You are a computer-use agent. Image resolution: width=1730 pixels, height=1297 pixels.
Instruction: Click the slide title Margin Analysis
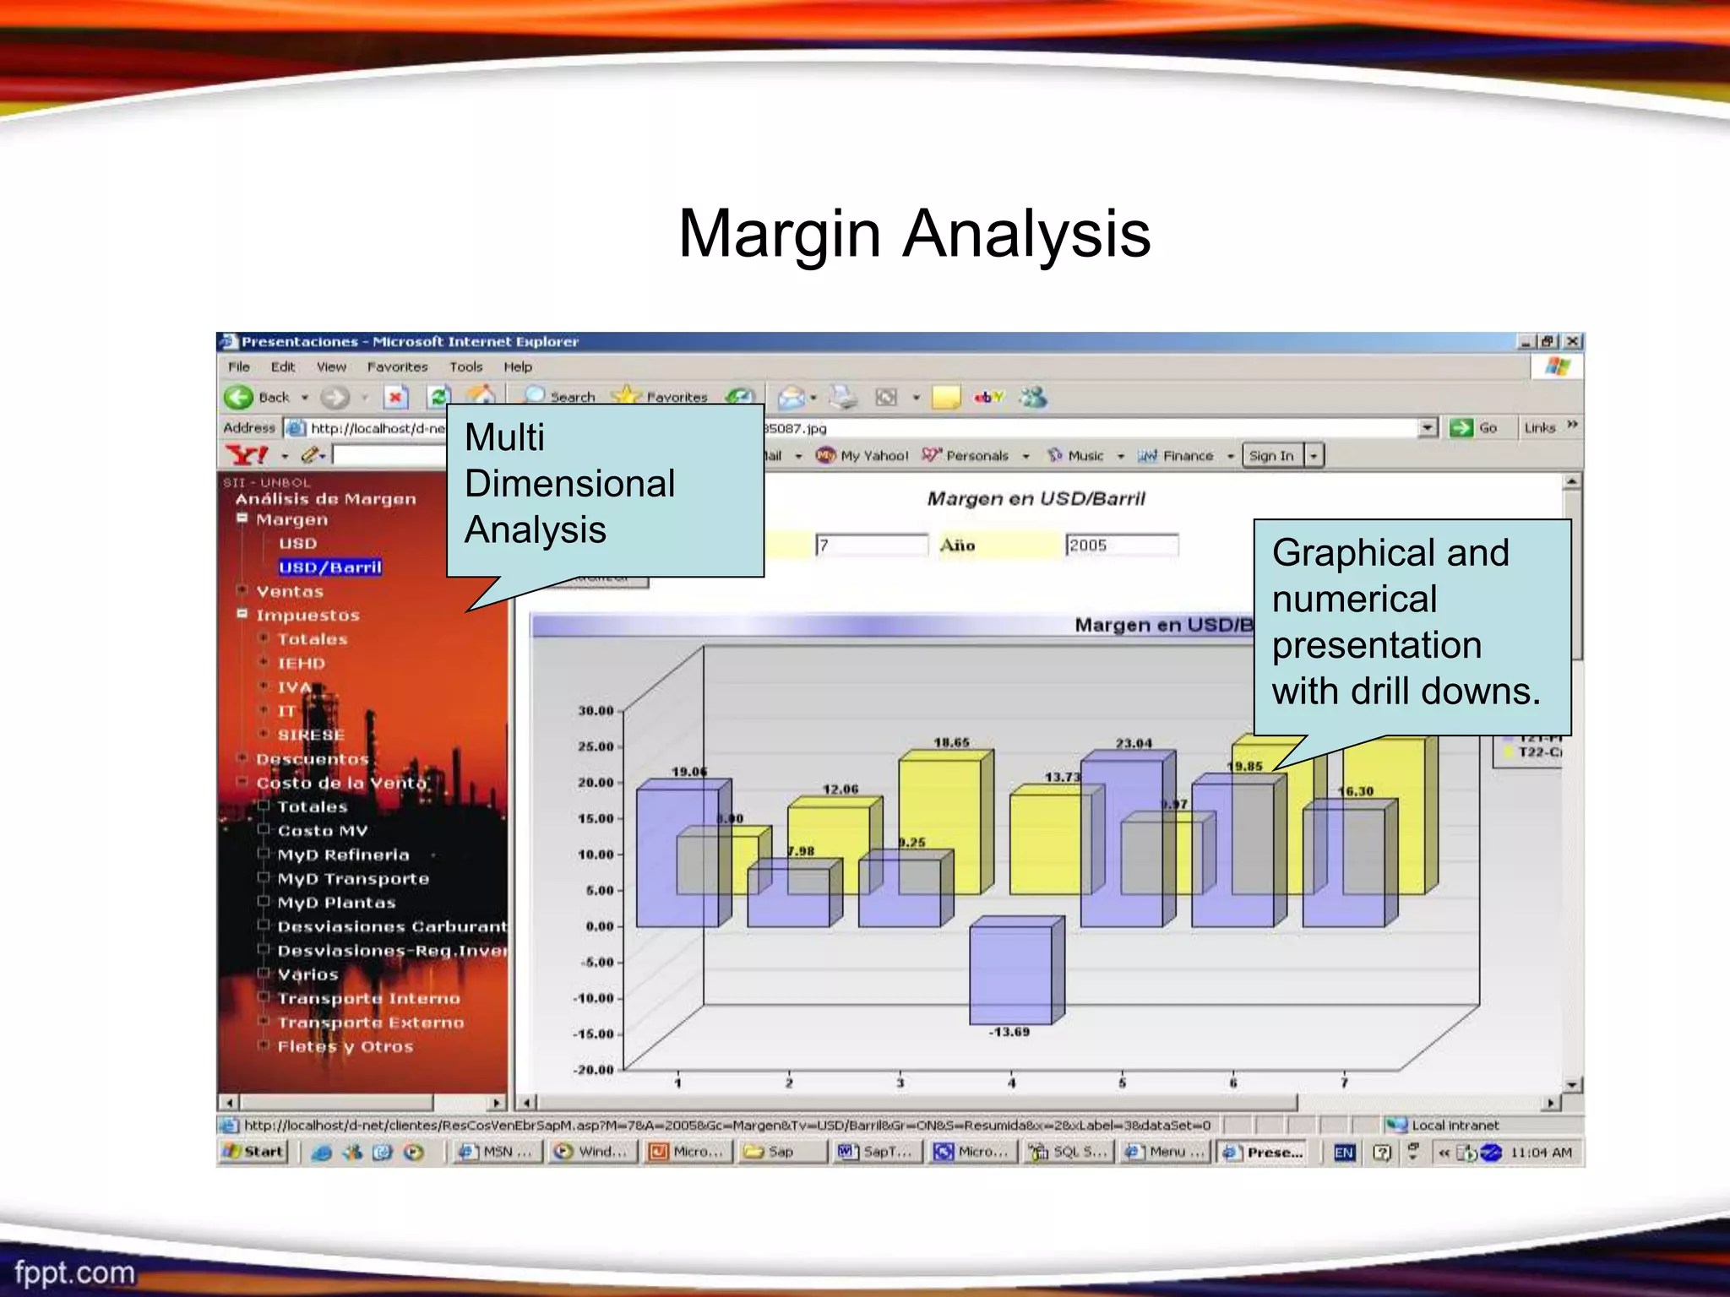914,234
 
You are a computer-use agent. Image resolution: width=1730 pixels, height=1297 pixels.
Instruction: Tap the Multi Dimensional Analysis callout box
604,490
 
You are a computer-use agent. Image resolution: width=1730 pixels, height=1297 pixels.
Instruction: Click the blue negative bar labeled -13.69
1011,974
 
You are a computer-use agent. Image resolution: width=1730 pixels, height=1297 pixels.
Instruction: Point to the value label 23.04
1133,743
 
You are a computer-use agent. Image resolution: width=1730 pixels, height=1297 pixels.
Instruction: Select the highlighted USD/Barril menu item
330,567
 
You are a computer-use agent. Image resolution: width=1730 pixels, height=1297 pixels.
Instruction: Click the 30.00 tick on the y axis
596,711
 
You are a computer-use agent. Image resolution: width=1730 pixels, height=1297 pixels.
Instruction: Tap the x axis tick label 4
1011,1083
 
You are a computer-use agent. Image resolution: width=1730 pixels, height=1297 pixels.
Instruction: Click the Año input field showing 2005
1121,545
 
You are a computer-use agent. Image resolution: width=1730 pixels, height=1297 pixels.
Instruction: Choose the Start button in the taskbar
254,1152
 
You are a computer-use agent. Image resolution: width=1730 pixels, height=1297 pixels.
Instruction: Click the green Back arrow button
239,397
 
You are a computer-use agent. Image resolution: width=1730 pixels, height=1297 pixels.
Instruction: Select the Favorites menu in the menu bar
397,366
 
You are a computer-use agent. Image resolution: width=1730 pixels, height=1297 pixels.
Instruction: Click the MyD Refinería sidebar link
343,855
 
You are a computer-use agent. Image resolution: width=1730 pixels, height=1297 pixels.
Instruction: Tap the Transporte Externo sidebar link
371,1023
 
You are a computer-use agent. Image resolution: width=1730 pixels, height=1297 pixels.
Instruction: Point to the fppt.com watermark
74,1273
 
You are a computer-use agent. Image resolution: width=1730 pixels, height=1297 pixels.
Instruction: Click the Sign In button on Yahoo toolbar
1271,456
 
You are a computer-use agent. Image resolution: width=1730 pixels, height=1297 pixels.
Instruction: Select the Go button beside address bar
1474,428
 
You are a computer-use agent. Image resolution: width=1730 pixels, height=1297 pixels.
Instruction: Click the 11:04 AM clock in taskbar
1541,1152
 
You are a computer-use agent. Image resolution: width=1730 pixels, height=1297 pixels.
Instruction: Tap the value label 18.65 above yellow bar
951,742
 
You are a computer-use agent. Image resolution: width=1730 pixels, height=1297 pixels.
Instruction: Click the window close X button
1572,341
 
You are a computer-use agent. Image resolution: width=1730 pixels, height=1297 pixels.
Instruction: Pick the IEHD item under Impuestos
302,664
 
